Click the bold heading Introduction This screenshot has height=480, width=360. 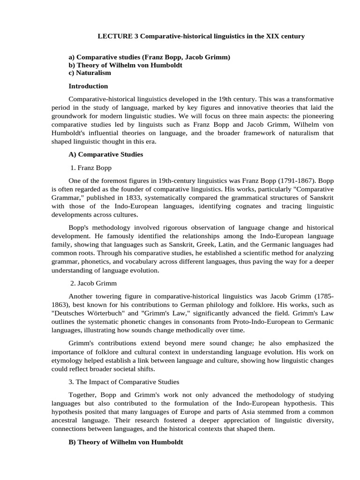coord(88,86)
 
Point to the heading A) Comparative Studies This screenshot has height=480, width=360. coord(105,154)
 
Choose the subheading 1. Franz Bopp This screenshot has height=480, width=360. coord(91,167)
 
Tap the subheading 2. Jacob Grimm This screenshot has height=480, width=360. coord(93,283)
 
